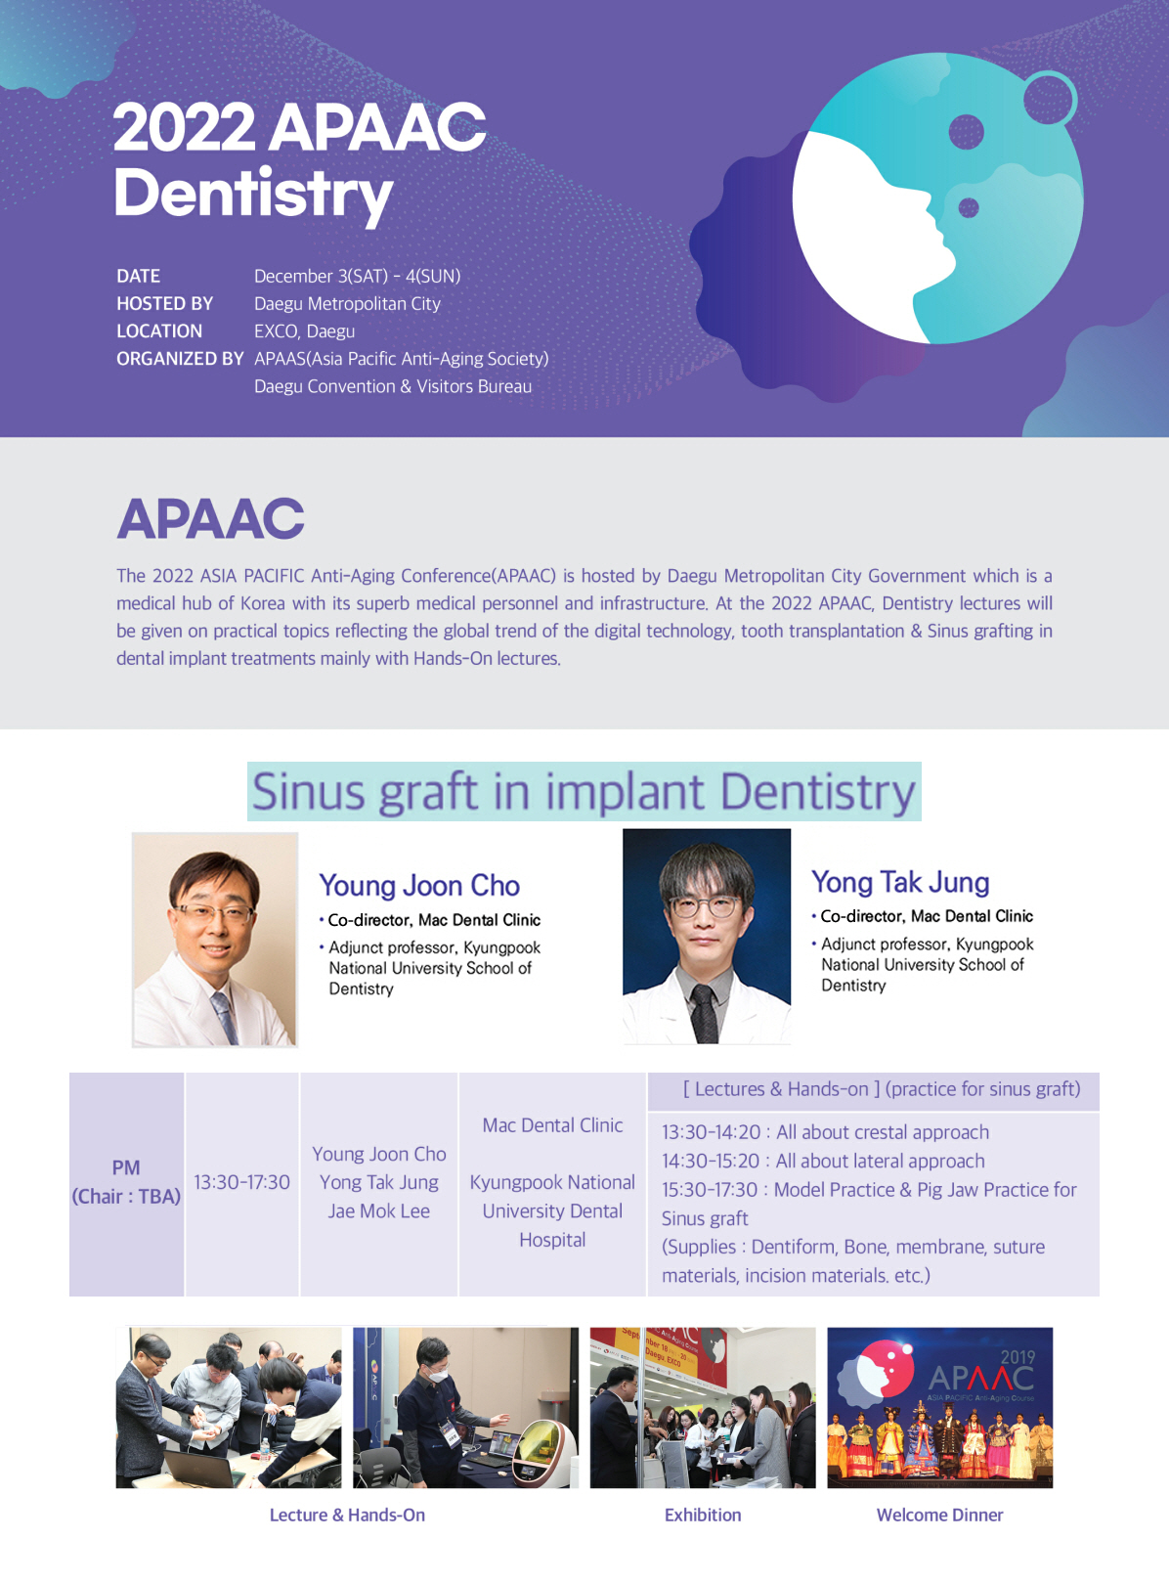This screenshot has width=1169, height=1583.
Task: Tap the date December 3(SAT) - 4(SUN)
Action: (358, 276)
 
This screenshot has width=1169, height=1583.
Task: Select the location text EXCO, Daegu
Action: (305, 331)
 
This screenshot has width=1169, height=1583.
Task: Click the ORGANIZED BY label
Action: (180, 358)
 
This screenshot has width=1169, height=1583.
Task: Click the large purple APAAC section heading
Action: (210, 519)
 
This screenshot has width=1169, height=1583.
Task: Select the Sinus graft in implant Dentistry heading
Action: (584, 792)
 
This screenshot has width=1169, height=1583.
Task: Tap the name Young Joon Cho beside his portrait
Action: (419, 885)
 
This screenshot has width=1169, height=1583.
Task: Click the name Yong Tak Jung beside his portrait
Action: (900, 882)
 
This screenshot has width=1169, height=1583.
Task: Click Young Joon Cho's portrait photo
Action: (215, 940)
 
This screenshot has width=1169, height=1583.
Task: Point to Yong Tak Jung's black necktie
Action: (705, 1013)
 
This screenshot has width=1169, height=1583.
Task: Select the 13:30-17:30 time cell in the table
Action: (242, 1182)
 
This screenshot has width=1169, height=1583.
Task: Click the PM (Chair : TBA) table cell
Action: (126, 1182)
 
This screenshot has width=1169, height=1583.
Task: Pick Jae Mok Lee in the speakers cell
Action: (379, 1211)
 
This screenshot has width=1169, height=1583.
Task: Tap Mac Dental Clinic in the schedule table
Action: (552, 1125)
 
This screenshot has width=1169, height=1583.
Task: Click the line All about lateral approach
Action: (823, 1162)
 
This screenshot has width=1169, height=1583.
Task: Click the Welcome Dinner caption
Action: (940, 1516)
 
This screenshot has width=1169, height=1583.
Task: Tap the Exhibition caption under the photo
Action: (703, 1516)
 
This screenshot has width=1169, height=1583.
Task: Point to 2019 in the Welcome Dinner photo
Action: (1017, 1357)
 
